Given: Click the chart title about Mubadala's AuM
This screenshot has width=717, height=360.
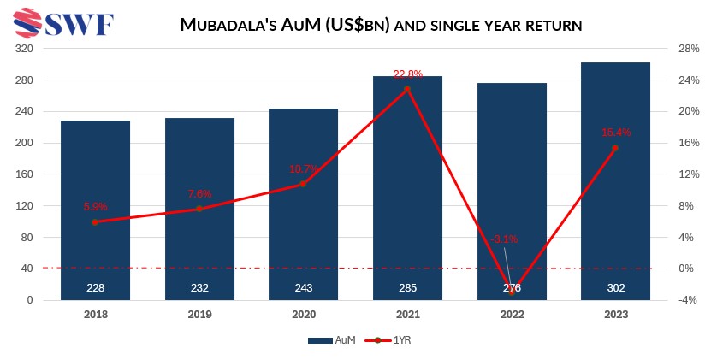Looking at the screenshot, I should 382,26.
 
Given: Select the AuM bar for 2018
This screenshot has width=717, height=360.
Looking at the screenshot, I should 95,210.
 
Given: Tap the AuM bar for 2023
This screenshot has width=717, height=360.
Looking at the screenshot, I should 615,180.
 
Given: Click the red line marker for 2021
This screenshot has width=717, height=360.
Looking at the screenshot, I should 407,89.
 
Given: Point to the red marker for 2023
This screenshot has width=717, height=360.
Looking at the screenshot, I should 615,148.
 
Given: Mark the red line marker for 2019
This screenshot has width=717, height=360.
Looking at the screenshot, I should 199,209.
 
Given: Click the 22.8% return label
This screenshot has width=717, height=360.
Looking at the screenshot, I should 408,74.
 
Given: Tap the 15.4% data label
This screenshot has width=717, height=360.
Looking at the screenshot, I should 616,133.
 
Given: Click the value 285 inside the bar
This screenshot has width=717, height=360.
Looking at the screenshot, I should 407,288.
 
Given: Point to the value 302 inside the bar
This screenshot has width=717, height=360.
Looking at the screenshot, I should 615,288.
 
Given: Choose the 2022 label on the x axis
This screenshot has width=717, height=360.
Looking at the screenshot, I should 511,315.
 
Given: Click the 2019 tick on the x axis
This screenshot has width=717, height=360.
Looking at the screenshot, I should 199,315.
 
